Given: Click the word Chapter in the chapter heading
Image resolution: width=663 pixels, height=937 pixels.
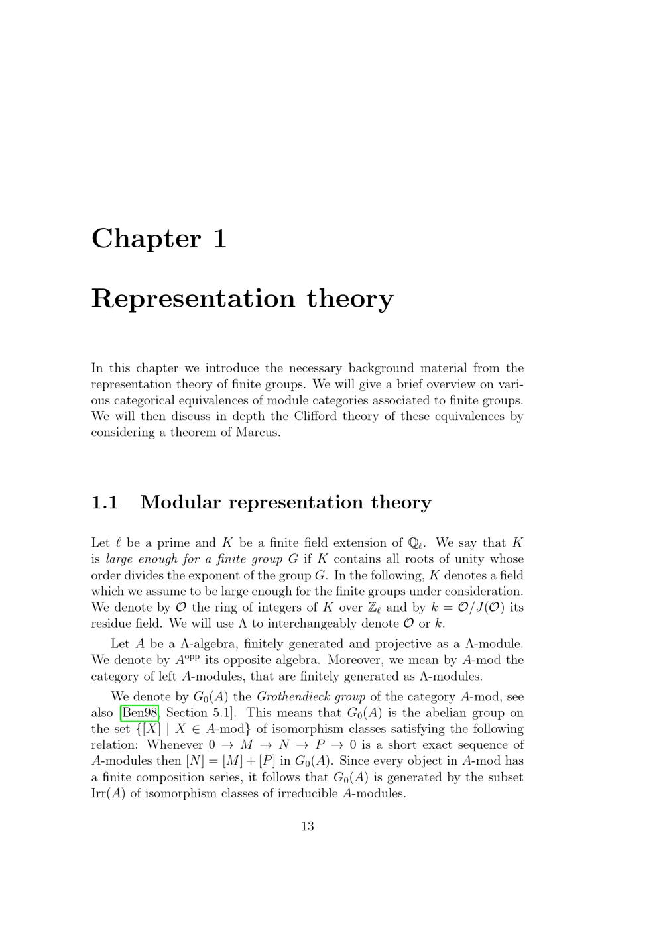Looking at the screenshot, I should pos(145,239).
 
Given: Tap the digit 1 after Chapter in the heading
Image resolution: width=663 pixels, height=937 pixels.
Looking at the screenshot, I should pos(220,239).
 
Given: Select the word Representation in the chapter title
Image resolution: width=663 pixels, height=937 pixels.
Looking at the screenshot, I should pos(193,299).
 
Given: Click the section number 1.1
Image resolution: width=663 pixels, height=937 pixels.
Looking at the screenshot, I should pos(104,502).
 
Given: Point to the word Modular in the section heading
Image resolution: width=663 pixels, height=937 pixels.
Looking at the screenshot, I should pos(180,502).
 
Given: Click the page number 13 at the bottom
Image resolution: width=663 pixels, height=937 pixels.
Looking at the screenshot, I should pos(308,826).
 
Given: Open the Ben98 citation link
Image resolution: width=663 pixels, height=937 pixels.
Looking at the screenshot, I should pos(139,713).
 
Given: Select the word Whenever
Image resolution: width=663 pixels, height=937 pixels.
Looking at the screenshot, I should pos(174,745).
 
